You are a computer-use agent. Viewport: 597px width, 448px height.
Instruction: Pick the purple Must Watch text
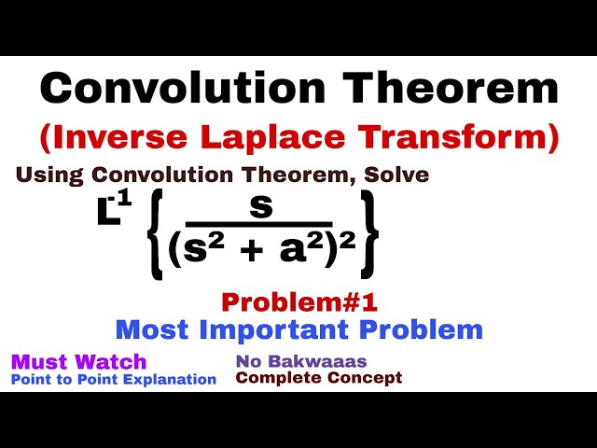78,361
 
